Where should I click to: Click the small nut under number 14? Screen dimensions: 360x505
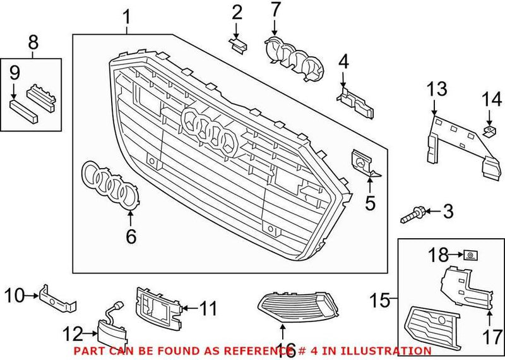[489, 131]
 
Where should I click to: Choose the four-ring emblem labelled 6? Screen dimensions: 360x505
[113, 185]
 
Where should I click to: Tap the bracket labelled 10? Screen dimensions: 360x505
[57, 299]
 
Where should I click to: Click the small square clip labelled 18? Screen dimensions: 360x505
[470, 255]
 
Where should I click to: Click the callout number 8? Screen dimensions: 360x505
[33, 43]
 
